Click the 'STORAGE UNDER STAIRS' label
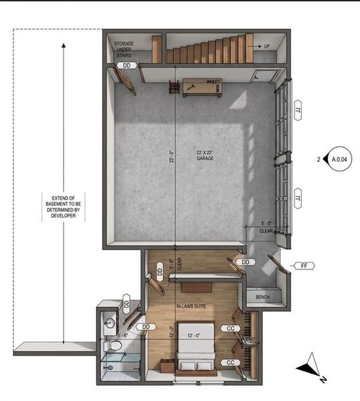tap(123, 49)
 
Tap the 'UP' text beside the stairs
tap(267, 47)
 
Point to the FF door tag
tap(304, 266)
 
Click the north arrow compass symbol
tap(310, 368)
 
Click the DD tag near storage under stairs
tap(127, 66)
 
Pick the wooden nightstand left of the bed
tap(164, 365)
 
